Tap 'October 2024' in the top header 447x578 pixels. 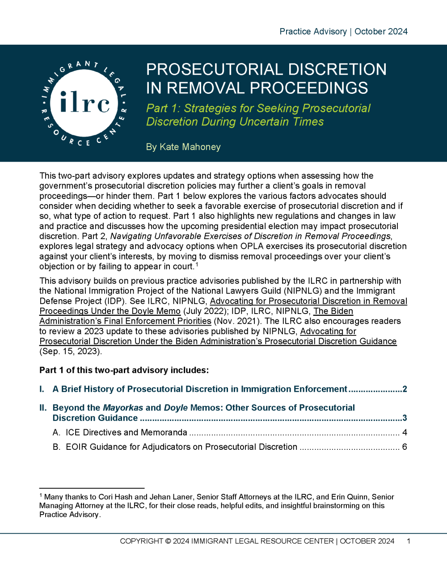381,32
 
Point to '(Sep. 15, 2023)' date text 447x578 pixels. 71,352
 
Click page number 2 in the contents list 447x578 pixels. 405,389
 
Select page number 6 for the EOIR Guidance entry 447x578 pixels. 405,447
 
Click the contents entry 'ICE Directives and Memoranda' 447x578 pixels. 126,432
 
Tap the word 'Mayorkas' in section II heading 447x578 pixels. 123,408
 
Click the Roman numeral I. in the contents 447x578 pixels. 42,389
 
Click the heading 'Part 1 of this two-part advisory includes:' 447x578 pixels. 124,370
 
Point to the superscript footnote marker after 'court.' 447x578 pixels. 197,264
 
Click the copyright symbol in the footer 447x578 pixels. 168,541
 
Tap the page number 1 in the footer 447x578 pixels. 409,541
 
